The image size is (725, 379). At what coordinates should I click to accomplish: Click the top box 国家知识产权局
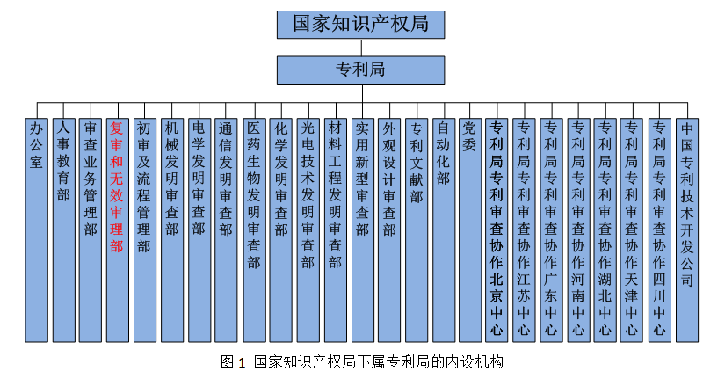(360, 24)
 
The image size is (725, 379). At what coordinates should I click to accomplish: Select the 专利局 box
(360, 69)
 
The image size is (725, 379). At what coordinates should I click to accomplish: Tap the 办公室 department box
(35, 229)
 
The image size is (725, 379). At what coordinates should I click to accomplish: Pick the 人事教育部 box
(62, 229)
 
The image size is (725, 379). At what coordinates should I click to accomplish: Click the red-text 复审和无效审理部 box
(116, 229)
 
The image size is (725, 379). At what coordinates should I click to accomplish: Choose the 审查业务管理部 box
(90, 229)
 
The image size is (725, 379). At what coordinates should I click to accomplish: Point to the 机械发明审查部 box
(171, 229)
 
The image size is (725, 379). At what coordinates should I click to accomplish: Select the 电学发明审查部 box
(199, 229)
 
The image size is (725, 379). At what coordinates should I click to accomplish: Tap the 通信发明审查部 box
(226, 229)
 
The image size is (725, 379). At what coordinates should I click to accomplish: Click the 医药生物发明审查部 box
(253, 229)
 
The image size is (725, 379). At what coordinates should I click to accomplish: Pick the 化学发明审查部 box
(280, 229)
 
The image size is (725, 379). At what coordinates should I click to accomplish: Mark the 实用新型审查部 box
(362, 229)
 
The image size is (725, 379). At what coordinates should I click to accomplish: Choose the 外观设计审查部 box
(389, 229)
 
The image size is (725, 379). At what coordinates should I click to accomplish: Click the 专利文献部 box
(417, 229)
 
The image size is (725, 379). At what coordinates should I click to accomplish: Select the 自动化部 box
(443, 229)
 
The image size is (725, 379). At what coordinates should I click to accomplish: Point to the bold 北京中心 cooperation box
(497, 229)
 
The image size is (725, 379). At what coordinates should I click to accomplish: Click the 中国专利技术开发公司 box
(686, 229)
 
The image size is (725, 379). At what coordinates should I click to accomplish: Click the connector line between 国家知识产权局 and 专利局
(360, 47)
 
